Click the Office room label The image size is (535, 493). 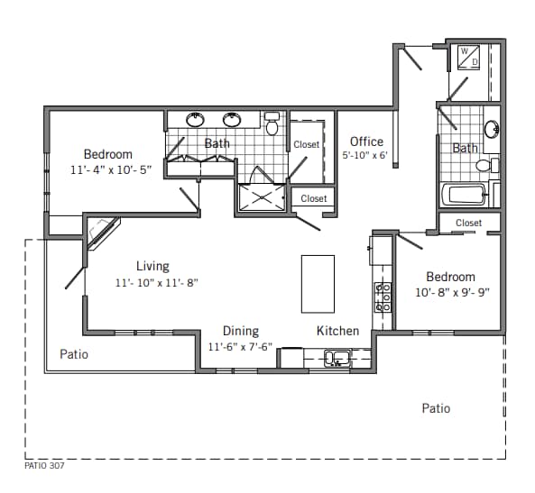click(x=366, y=142)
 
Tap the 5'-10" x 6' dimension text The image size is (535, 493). click(x=364, y=155)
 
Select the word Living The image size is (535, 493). click(x=152, y=266)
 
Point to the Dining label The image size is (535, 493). click(x=241, y=331)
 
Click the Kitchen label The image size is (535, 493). click(x=337, y=331)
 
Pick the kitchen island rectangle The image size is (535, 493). click(x=318, y=283)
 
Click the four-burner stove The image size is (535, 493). click(x=383, y=296)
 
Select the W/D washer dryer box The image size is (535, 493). click(x=470, y=57)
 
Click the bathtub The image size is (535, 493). click(x=463, y=195)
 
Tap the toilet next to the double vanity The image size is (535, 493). click(x=272, y=123)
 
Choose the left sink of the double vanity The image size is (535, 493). click(x=196, y=119)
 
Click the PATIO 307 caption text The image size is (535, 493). click(x=44, y=466)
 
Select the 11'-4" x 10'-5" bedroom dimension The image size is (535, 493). click(x=108, y=169)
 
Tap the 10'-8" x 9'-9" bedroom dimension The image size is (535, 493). click(x=450, y=292)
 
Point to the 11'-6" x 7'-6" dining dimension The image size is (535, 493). click(x=241, y=347)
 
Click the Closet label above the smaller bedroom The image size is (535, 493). click(x=468, y=223)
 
